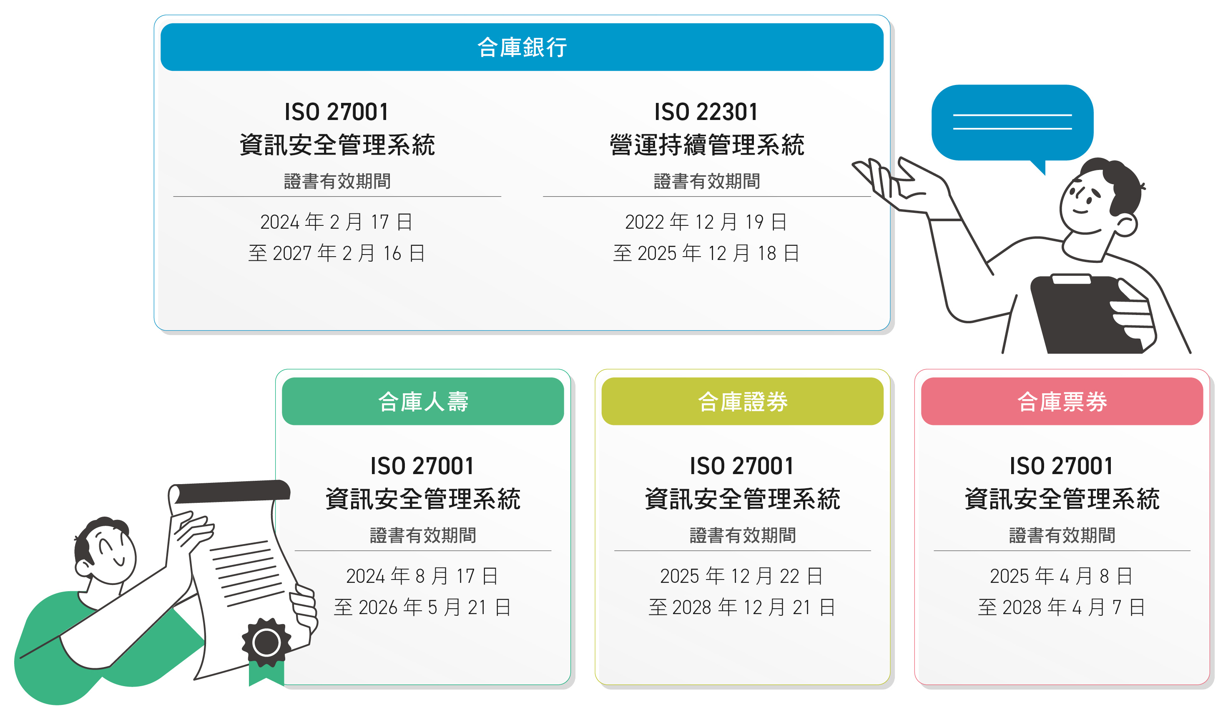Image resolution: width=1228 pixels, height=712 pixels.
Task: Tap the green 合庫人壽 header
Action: click(423, 401)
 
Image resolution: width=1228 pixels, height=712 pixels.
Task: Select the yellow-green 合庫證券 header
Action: click(742, 401)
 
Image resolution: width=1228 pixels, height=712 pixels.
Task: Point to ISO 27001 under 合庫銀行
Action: click(337, 112)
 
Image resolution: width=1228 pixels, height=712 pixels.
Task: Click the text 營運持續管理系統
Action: click(707, 145)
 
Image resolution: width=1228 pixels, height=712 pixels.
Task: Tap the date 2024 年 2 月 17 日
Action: click(337, 222)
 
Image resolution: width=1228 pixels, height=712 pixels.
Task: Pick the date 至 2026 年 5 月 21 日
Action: click(422, 607)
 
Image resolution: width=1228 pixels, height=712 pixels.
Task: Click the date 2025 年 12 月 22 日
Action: click(742, 576)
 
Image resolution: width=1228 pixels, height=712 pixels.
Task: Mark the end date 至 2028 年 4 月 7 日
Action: click(1061, 607)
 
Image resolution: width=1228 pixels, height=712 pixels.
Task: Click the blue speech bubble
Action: click(1012, 124)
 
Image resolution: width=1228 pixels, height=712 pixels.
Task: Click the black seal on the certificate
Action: click(266, 642)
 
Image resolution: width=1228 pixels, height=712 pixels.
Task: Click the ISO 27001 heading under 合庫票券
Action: click(1061, 466)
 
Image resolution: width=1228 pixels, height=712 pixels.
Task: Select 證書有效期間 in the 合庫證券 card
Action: click(742, 535)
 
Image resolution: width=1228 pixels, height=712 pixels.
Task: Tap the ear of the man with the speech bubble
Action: click(1126, 225)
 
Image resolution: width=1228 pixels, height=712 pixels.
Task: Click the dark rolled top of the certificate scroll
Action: click(232, 491)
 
